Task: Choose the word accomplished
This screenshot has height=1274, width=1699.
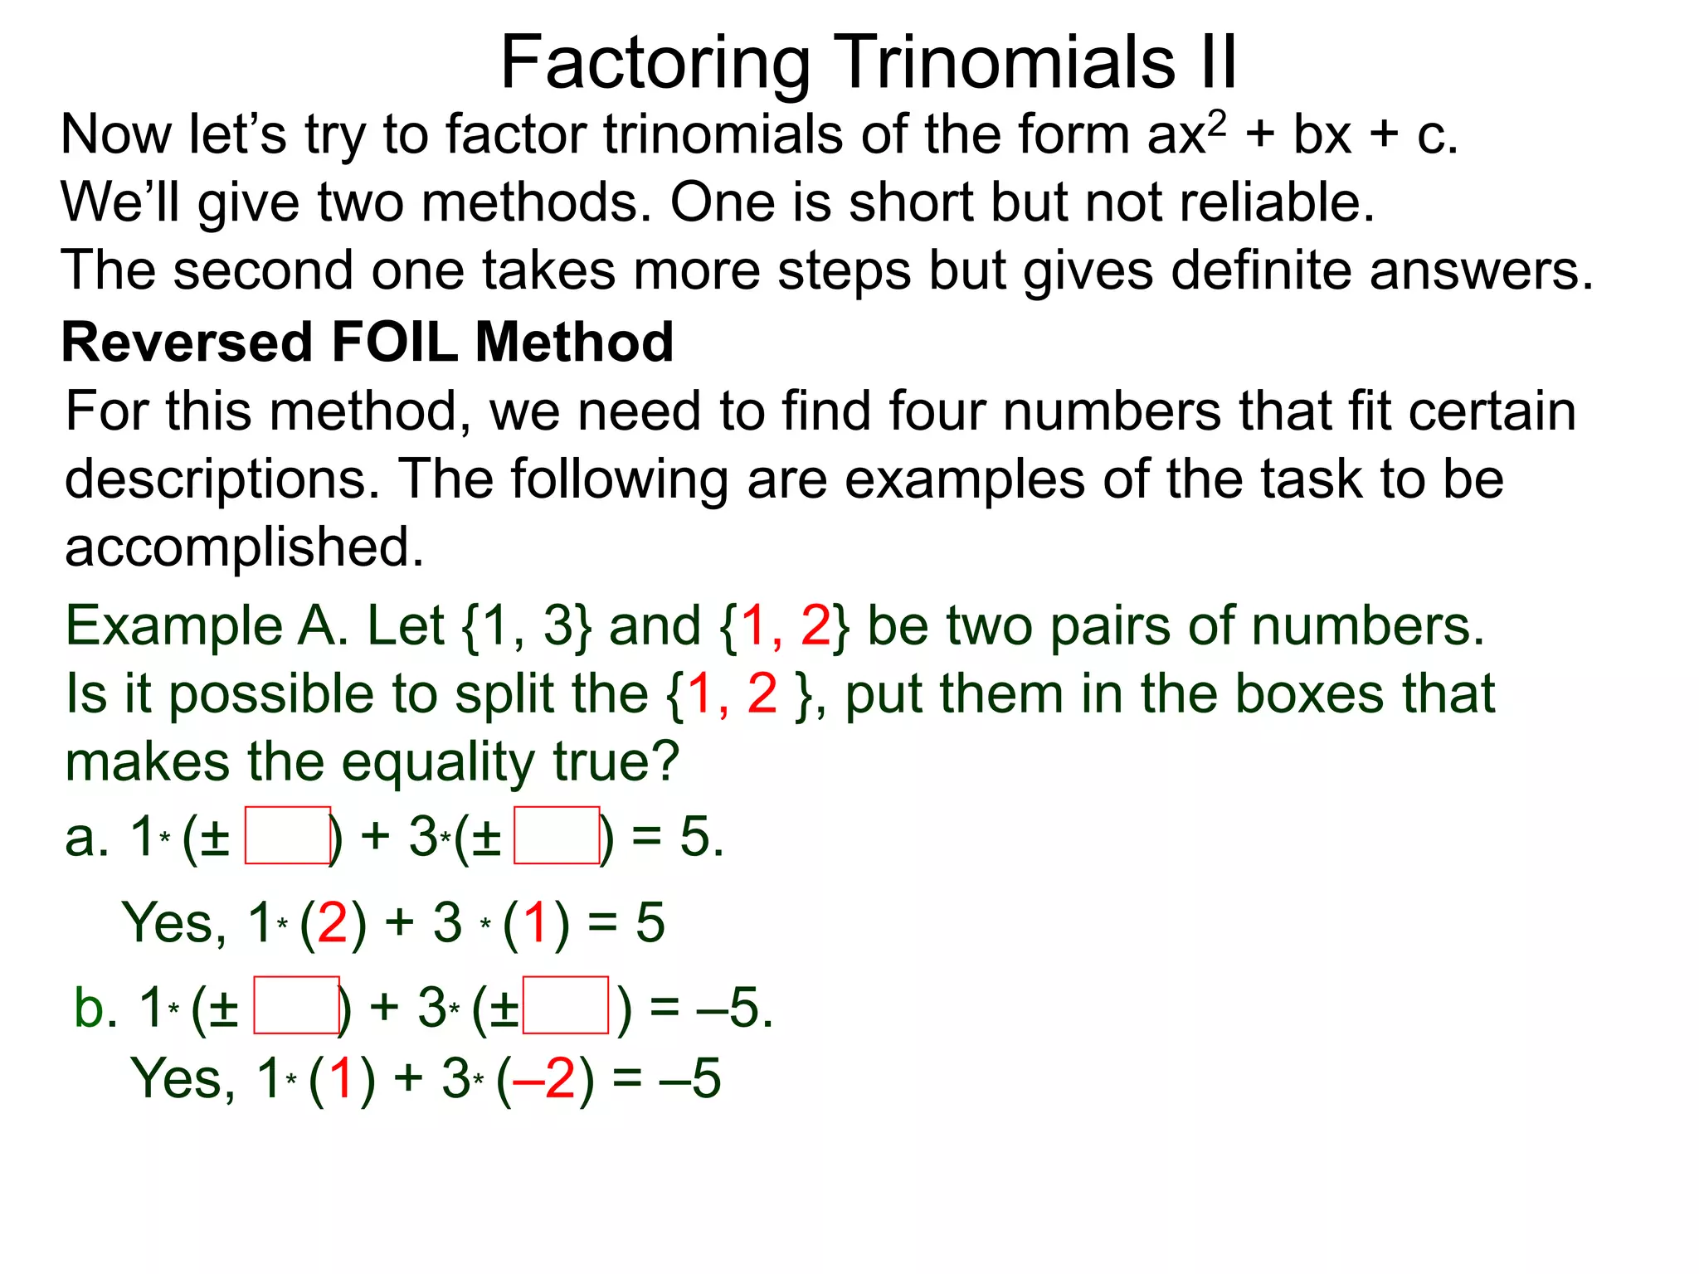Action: [244, 547]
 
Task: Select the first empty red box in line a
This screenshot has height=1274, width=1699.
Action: [288, 835]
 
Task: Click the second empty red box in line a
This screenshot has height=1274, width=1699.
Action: [557, 835]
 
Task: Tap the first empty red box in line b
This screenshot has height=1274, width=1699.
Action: [296, 1005]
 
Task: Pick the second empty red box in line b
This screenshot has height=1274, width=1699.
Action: [566, 1005]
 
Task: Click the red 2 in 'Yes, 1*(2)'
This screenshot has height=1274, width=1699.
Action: [332, 922]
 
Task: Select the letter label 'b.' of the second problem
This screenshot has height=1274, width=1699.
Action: [96, 1009]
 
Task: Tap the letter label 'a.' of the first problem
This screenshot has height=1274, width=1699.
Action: [87, 838]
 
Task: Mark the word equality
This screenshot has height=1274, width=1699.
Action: [440, 762]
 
